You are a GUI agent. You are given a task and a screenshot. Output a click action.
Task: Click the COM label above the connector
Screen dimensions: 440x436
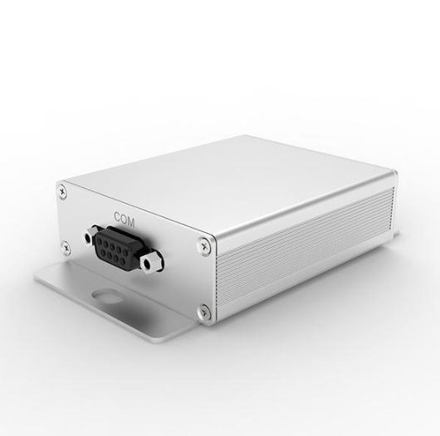click(125, 220)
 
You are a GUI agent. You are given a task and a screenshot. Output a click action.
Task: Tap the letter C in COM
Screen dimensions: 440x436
click(117, 216)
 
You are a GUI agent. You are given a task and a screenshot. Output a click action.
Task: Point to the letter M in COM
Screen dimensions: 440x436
click(131, 222)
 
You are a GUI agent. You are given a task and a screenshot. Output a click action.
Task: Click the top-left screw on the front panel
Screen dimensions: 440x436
click(62, 191)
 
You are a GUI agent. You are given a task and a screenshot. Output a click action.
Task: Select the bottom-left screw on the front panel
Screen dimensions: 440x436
click(66, 247)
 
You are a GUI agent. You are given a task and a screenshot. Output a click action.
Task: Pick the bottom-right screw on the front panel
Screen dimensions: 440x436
click(204, 312)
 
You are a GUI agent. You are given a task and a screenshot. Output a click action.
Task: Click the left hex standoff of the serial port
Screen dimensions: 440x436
click(90, 238)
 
